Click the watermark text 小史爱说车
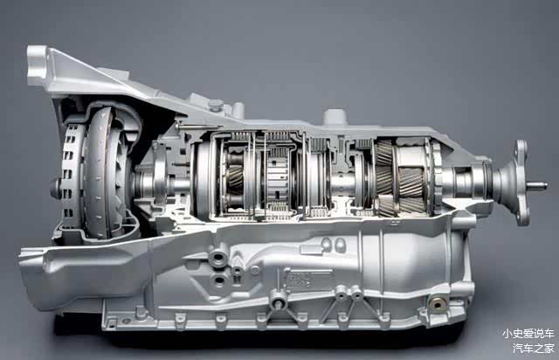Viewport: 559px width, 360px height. click(528, 334)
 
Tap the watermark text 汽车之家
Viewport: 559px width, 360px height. click(534, 348)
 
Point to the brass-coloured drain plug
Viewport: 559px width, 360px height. click(438, 303)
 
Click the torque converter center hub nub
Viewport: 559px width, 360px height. click(56, 188)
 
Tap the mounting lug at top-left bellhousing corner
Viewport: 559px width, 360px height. click(37, 66)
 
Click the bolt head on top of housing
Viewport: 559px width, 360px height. click(216, 105)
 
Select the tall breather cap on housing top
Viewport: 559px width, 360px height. click(335, 117)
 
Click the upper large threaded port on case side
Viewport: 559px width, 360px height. click(217, 257)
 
